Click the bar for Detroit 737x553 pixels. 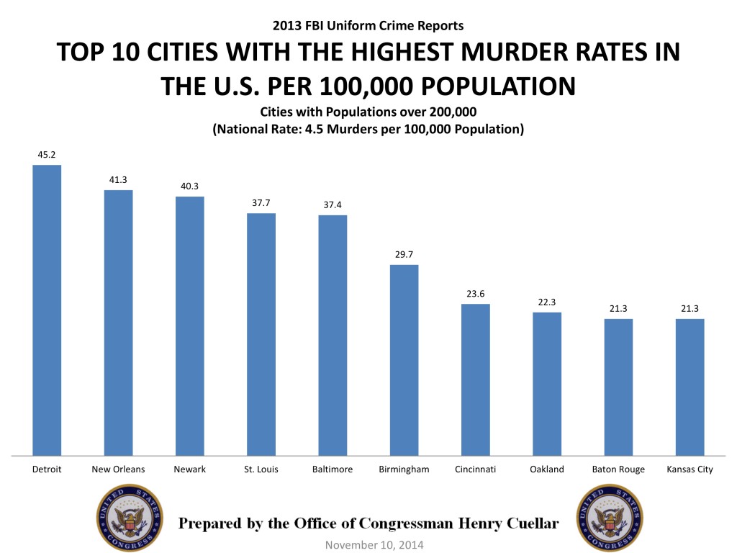[47, 310]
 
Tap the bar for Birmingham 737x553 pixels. [404, 359]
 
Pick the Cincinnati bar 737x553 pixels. [475, 379]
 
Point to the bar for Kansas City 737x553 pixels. [689, 387]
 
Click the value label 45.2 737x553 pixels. [47, 154]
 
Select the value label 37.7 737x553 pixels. [261, 202]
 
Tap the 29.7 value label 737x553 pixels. [404, 254]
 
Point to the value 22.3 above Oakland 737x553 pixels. [547, 301]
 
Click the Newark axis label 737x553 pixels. [189, 469]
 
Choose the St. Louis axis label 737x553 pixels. [261, 469]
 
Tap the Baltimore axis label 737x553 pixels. [333, 469]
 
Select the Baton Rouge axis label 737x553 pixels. [618, 469]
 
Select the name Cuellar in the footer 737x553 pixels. [528, 523]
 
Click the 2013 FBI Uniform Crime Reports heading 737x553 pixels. [368, 26]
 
